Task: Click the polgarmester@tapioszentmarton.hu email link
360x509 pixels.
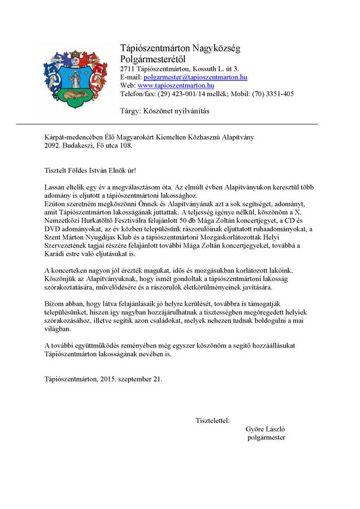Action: pos(196,77)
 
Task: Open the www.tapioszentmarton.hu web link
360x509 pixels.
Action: pos(176,85)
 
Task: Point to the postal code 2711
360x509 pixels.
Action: pos(128,68)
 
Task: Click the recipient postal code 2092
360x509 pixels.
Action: pos(53,145)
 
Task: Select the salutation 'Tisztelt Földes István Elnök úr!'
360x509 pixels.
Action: pos(90,170)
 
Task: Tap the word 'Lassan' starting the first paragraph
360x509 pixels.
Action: pos(55,186)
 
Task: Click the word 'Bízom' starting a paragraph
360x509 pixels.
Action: pos(54,304)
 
